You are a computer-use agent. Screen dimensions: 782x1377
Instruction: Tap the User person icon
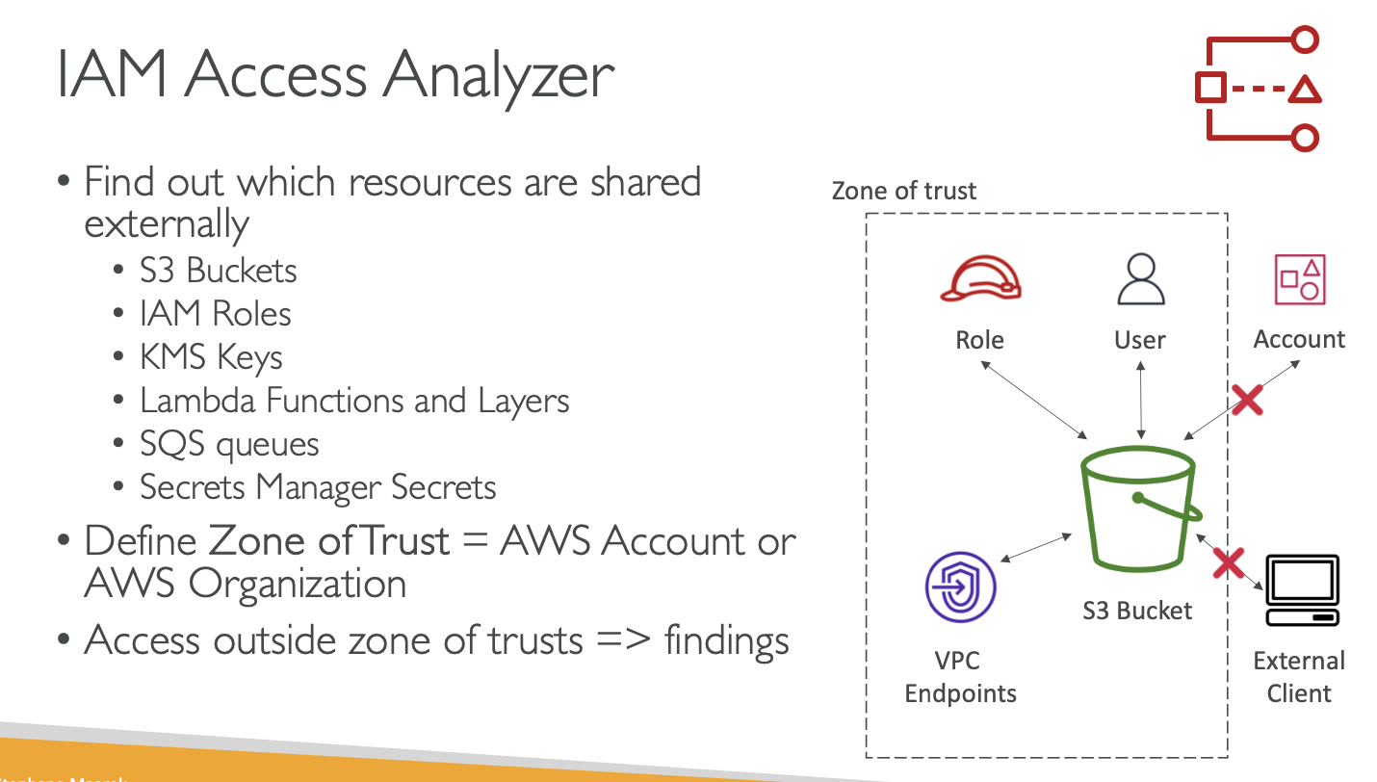click(x=1140, y=279)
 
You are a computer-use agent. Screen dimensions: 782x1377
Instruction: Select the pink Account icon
click(x=1300, y=279)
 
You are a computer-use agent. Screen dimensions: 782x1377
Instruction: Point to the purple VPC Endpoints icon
click(x=959, y=587)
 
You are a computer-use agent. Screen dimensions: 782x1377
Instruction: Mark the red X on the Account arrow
click(x=1247, y=399)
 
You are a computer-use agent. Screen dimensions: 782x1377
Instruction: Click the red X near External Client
click(x=1228, y=562)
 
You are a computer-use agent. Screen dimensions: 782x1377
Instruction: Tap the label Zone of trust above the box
click(x=903, y=191)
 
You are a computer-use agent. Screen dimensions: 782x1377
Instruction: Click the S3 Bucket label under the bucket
click(x=1137, y=611)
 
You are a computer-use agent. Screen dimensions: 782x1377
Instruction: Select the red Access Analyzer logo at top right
click(x=1257, y=89)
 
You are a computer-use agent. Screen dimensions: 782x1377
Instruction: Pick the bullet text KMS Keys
click(x=211, y=357)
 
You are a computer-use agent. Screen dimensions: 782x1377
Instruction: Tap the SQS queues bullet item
click(x=229, y=444)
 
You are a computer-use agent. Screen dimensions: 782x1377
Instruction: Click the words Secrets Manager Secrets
click(x=318, y=487)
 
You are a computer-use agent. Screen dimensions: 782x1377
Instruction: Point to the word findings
click(x=727, y=639)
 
